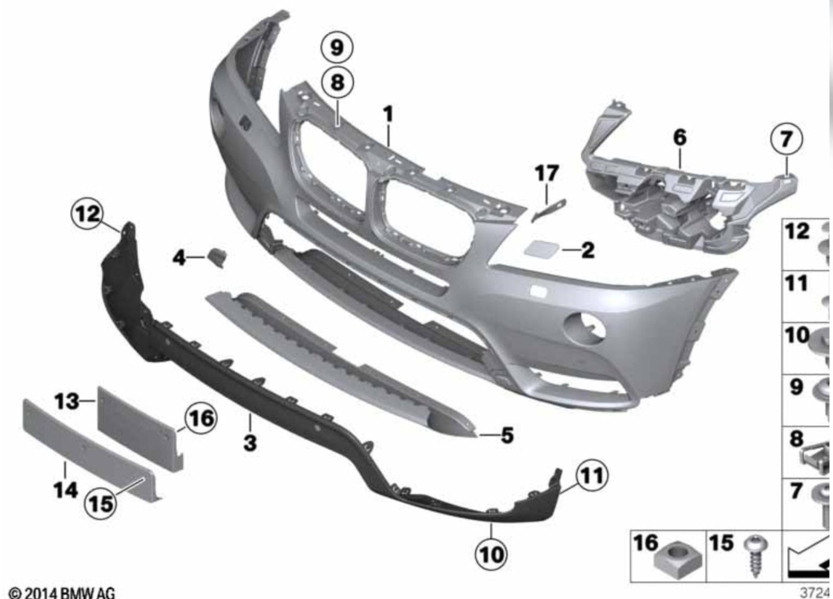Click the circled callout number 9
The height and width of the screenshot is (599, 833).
337,48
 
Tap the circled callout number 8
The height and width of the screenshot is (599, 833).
338,82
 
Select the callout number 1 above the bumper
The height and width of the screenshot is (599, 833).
388,114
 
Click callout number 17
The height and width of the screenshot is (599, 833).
547,173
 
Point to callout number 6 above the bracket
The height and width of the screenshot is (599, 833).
680,137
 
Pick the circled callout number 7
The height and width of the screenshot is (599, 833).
786,139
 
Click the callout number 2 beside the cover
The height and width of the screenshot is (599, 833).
588,250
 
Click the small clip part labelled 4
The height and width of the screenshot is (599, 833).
217,257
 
